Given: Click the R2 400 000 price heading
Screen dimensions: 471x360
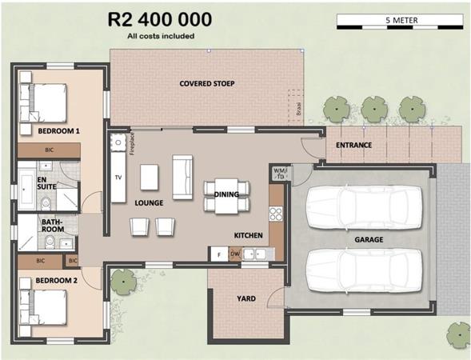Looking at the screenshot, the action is [x=159, y=19].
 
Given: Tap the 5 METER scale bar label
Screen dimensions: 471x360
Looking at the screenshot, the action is [x=401, y=21].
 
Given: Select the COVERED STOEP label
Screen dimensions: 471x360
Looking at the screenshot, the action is [x=207, y=83].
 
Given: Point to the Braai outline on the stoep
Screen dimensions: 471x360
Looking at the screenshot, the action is [x=296, y=105].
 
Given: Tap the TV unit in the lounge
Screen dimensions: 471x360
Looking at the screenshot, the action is [x=118, y=178].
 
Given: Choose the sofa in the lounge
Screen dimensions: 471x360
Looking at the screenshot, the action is [x=182, y=177].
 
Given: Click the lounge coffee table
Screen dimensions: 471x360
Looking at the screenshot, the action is [x=150, y=178].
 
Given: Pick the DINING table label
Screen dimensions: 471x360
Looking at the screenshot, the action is [x=226, y=194].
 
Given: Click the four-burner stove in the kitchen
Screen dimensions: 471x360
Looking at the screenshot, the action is [x=276, y=214].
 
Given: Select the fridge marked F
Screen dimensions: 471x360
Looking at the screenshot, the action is [x=219, y=254].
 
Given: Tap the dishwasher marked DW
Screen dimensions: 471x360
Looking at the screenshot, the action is [x=235, y=254].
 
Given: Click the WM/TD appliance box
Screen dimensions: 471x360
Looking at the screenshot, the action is [x=280, y=174].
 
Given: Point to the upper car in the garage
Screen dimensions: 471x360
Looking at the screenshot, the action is [x=365, y=207].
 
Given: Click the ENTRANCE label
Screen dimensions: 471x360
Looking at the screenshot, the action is [x=354, y=145].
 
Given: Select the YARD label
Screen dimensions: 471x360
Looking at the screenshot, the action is [x=246, y=298].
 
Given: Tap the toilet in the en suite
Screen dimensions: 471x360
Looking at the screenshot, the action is [x=46, y=204].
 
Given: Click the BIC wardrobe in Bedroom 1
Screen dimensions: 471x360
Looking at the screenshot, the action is [x=49, y=150].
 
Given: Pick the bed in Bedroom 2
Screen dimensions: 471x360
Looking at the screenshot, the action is [x=43, y=307].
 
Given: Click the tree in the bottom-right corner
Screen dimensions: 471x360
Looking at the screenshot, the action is [x=459, y=335].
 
